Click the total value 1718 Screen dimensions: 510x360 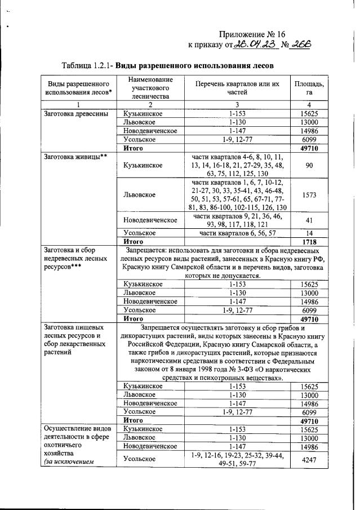(309, 241)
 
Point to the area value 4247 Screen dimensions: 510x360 (309, 459)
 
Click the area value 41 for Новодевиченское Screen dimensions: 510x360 (309, 220)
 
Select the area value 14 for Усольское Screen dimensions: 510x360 (309, 232)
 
